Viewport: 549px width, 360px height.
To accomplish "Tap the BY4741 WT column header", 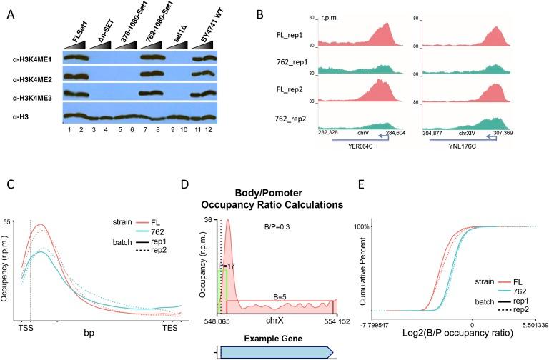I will (207, 29).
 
